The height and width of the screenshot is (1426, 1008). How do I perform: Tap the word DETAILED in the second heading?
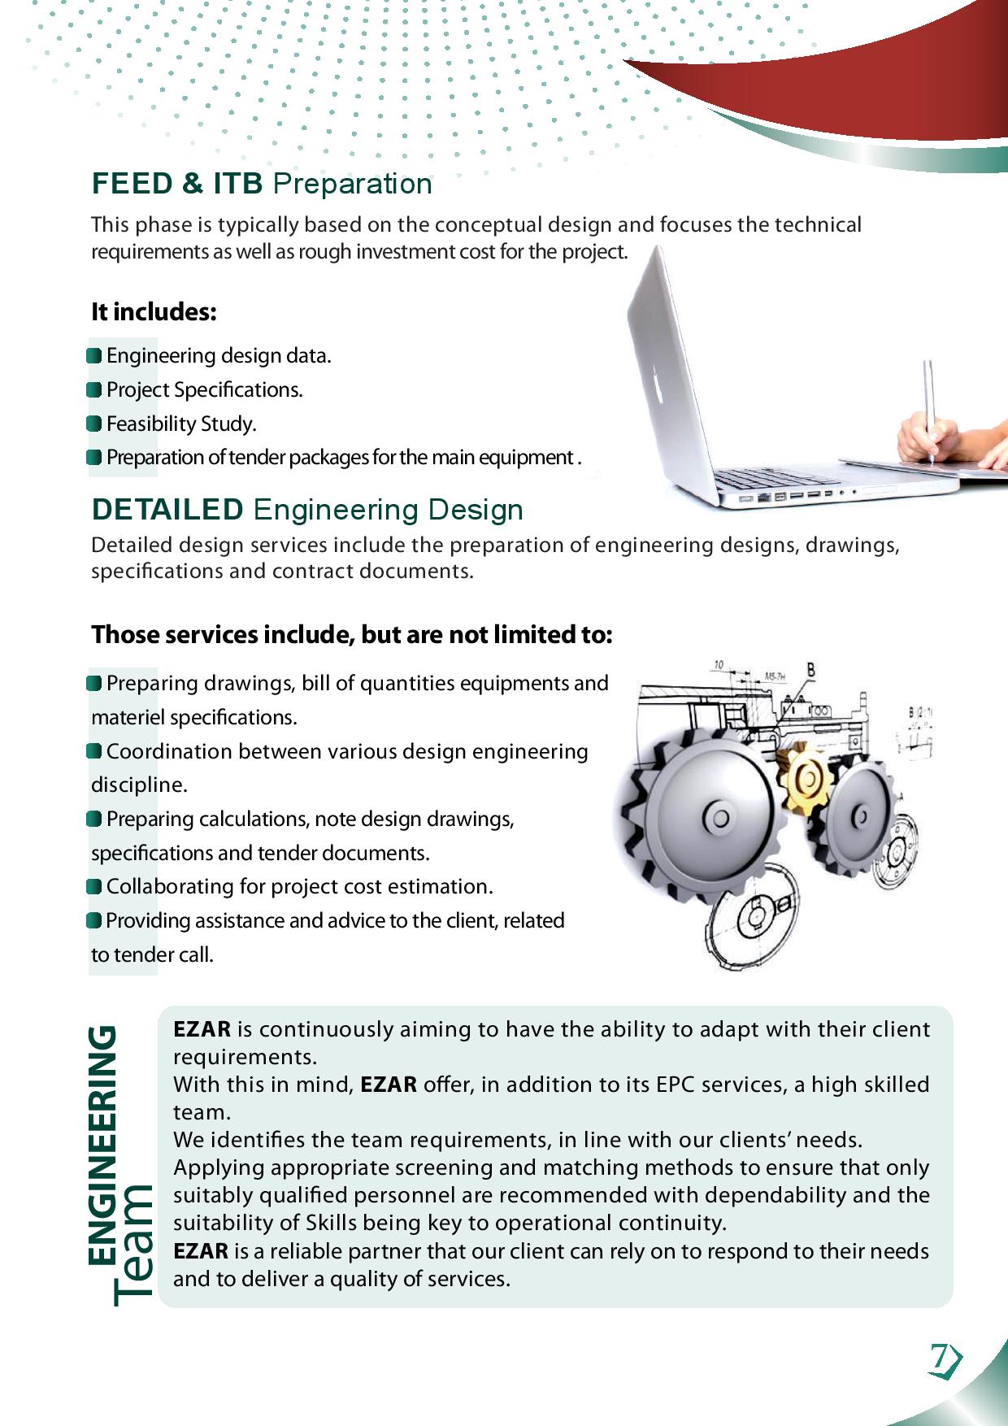(x=167, y=510)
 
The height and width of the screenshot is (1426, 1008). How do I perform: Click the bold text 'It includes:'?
(x=154, y=312)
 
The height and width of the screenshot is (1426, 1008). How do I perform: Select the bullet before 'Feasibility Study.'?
(x=95, y=424)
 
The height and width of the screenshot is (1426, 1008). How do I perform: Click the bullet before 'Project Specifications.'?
(x=95, y=390)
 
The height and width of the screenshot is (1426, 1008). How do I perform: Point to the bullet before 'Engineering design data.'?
(x=95, y=356)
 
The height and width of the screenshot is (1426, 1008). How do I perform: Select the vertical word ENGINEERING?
(x=103, y=1146)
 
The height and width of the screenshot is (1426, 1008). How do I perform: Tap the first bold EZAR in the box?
(x=202, y=1029)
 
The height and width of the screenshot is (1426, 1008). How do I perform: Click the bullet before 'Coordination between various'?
(x=95, y=751)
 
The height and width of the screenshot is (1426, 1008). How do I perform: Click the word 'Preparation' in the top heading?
(x=352, y=184)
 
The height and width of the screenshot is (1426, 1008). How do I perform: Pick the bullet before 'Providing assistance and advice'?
(x=95, y=920)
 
